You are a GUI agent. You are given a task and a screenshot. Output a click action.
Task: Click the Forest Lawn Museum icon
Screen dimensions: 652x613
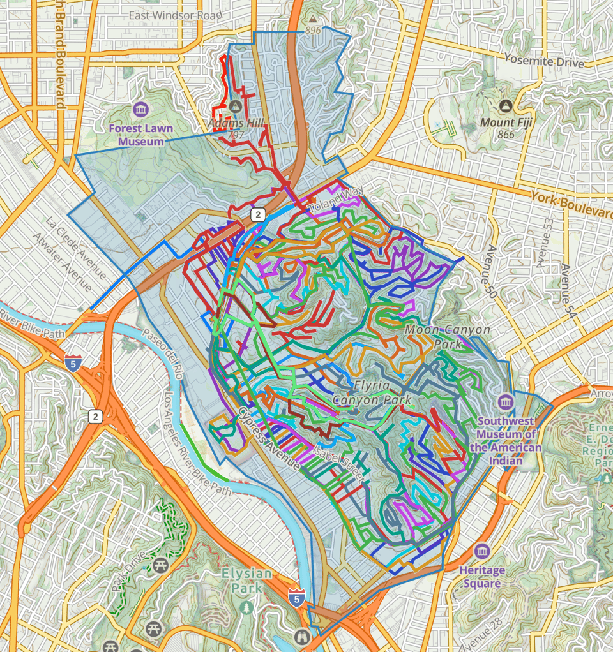tap(140, 109)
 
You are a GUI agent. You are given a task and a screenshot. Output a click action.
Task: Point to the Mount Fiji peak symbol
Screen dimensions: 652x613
tap(506, 105)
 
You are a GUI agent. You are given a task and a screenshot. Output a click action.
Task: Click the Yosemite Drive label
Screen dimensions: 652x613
tap(543, 61)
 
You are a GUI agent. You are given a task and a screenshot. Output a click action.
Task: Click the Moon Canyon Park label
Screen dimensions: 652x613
tap(448, 337)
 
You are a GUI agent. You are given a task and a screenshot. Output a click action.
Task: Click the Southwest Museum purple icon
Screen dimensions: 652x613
tap(506, 403)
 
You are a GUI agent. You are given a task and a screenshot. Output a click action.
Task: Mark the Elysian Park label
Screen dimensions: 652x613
tap(246, 580)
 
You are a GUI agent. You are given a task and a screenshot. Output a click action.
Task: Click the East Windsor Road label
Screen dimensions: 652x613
tap(169, 15)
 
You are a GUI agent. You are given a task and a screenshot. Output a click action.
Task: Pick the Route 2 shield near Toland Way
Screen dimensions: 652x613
tap(257, 214)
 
